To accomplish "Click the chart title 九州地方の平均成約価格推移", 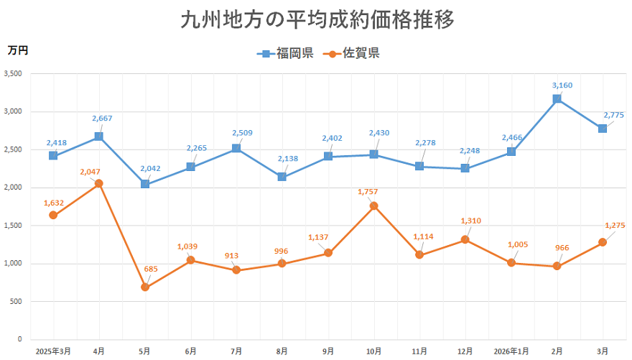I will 317,19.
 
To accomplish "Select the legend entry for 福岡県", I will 285,53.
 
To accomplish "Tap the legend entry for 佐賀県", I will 352,53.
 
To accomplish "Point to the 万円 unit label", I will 18,50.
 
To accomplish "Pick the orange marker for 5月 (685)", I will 145,287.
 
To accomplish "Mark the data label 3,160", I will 562,86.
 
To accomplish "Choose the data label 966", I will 563,248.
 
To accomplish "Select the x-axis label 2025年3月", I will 53,351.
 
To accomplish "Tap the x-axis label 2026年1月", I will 511,351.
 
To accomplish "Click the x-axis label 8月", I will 282,351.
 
